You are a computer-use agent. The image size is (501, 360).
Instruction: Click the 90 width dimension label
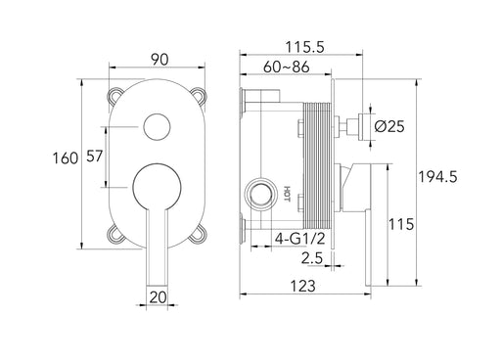coord(159,60)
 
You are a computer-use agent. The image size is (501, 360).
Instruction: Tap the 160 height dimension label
coord(66,158)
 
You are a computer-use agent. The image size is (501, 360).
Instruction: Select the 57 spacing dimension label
coord(95,157)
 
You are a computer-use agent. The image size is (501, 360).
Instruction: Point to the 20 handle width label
coord(158,297)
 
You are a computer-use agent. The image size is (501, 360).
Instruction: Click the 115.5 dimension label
coord(305,47)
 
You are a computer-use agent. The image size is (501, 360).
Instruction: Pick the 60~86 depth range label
coord(287,67)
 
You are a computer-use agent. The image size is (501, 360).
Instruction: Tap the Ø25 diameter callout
coord(389,126)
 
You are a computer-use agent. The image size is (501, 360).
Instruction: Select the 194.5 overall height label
coord(438,177)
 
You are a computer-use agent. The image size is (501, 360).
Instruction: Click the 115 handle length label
coord(401,224)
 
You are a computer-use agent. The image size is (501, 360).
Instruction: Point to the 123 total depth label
coord(303,287)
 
